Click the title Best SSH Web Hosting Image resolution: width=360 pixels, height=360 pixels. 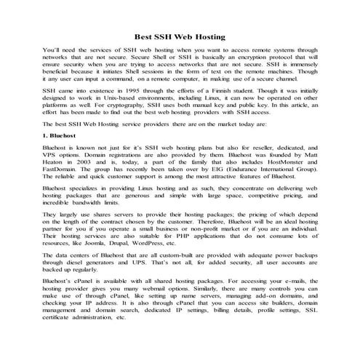[180, 36]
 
